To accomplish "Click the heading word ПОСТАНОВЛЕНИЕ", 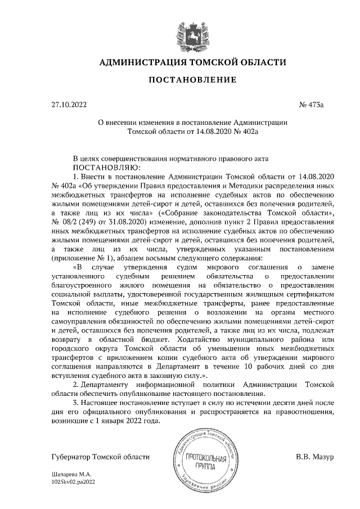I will tap(192, 80).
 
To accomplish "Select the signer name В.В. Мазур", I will tap(314, 456).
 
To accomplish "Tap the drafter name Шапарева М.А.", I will tap(71, 475).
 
